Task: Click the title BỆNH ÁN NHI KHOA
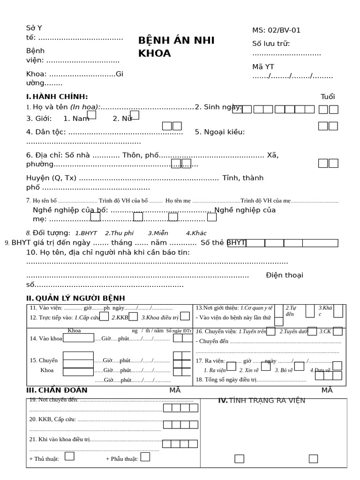pos(176,46)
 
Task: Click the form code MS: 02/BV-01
pos(276,30)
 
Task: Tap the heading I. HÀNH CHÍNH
pos(57,97)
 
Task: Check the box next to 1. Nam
pos(91,115)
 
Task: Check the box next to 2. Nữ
pos(135,115)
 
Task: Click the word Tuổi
pos(328,97)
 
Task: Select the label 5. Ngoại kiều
pos(219,132)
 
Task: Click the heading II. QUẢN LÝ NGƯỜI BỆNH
pos(75,299)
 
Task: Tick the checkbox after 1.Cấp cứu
pos(104,316)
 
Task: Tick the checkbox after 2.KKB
pos(133,316)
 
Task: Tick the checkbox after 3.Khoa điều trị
pos(185,316)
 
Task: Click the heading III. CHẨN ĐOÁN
pos(57,390)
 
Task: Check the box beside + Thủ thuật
pos(69,456)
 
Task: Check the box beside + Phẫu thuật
pos(145,457)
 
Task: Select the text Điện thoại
pos(284,275)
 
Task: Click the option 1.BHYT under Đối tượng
pos(86,233)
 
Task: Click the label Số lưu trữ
pos(271,44)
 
